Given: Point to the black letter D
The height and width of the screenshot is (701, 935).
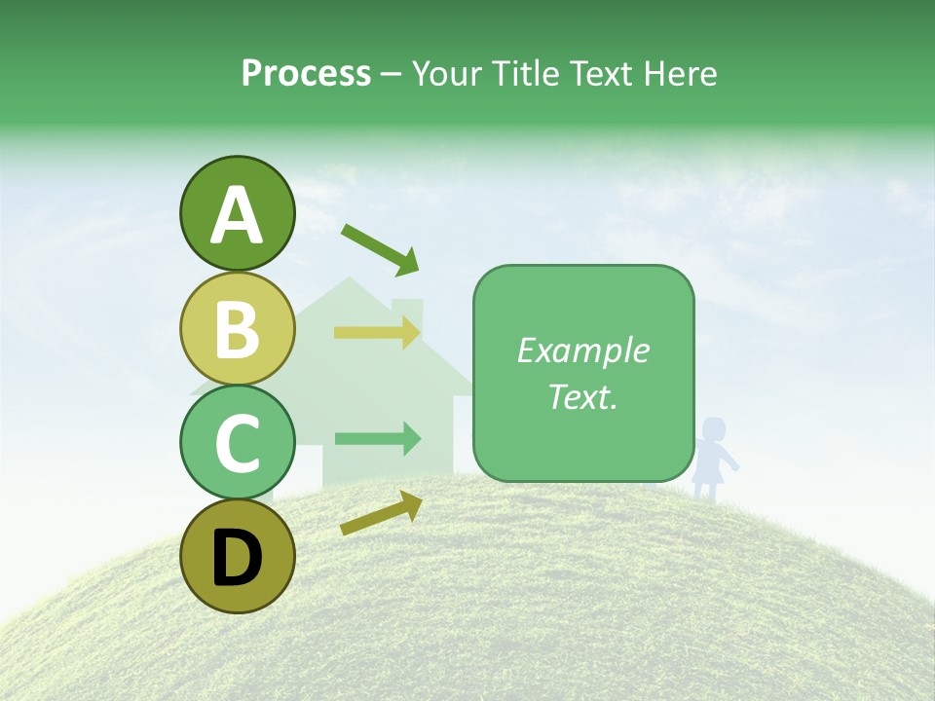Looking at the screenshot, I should [238, 558].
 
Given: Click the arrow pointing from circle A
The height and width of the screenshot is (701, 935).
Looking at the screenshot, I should [380, 247].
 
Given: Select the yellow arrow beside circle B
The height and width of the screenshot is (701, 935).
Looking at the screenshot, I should [377, 333].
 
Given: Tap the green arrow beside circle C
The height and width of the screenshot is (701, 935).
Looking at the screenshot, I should [377, 439].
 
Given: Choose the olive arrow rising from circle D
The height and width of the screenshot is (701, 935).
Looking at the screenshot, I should [381, 513].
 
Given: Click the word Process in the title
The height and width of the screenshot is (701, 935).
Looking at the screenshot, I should [306, 74].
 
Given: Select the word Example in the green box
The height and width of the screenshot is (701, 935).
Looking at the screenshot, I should [582, 350].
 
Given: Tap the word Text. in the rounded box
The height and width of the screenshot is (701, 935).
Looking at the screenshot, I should [582, 396].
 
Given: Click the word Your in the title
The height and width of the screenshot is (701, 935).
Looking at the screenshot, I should [444, 73].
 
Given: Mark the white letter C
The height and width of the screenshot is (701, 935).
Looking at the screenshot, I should [238, 443].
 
